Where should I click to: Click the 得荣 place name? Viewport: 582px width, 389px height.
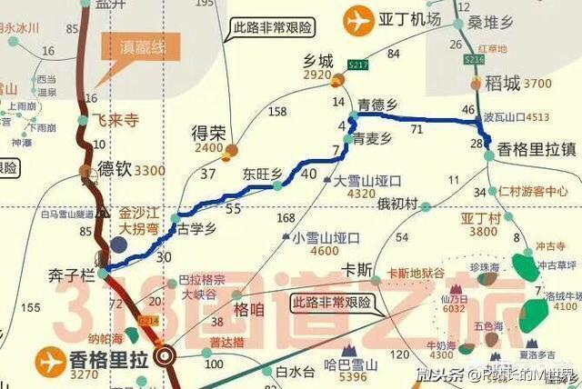point(207,133)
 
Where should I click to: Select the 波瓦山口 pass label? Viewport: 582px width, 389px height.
point(505,116)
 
